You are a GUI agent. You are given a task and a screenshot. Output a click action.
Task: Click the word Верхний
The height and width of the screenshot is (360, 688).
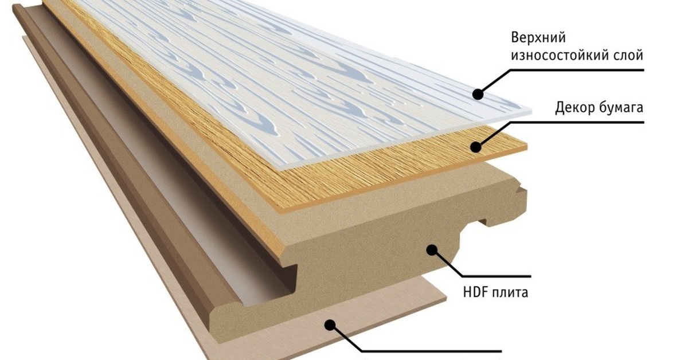(538, 38)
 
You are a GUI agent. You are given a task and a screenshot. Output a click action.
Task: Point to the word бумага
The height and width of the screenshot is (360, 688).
(621, 108)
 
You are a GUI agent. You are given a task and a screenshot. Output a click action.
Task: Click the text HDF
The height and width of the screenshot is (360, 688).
(475, 292)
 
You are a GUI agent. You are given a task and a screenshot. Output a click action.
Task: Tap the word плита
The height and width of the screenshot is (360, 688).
(510, 293)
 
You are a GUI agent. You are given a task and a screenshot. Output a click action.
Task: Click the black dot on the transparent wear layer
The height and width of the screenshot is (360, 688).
(478, 94)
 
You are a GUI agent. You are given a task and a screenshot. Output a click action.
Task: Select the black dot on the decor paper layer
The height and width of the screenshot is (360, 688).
(476, 147)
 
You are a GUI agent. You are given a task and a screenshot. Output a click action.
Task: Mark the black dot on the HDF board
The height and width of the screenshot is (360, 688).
(432, 250)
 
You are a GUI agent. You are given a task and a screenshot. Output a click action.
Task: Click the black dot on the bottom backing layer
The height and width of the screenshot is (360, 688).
(330, 325)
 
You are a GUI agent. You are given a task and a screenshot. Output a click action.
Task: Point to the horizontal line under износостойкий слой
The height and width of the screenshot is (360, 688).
(577, 70)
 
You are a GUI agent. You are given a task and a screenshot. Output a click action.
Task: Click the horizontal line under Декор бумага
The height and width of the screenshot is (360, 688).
(577, 123)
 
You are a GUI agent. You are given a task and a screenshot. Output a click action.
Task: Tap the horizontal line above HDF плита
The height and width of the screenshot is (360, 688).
(497, 276)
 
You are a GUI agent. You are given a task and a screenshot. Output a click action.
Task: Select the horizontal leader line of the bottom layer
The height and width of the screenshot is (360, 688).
(431, 351)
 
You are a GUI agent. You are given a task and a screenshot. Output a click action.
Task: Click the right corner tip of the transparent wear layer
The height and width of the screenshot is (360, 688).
(531, 111)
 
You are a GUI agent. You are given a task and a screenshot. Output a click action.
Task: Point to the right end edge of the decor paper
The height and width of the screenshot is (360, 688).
(526, 147)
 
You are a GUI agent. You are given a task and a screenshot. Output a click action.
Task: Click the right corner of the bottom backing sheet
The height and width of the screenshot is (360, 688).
(446, 298)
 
